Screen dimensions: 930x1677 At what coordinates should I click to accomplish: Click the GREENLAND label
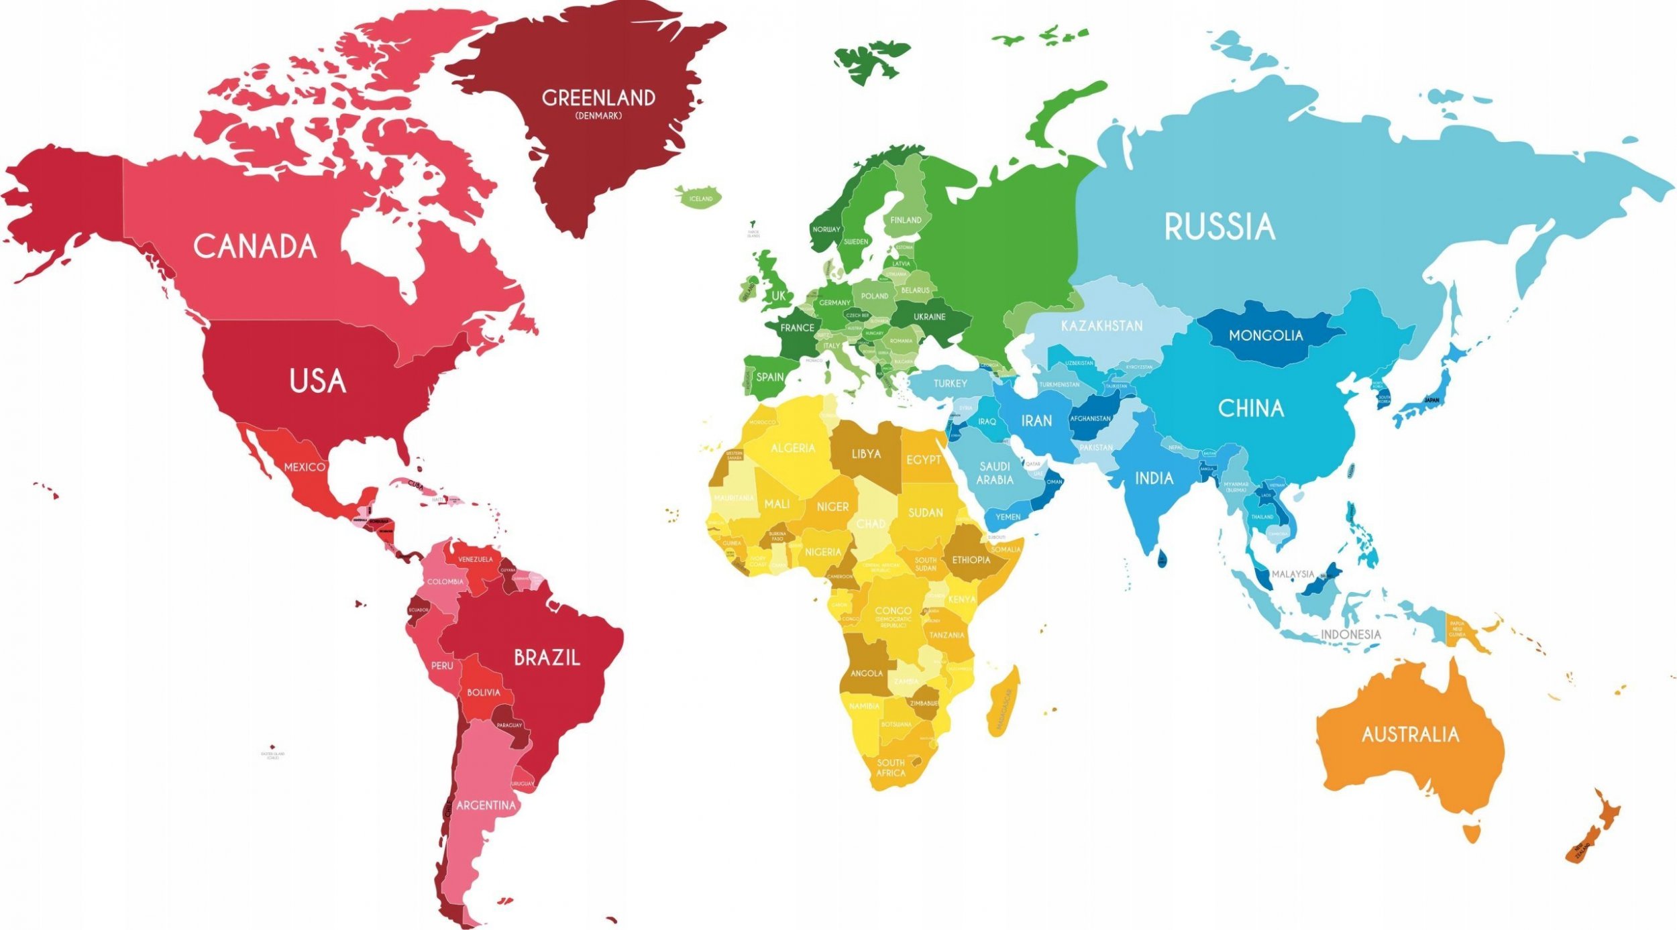click(x=598, y=98)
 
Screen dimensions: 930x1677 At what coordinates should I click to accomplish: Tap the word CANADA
click(x=255, y=247)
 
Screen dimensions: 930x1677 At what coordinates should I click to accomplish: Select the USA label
click(x=318, y=381)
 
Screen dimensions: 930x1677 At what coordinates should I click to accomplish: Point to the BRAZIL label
click(x=547, y=658)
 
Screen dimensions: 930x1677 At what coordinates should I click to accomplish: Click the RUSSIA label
click(x=1219, y=227)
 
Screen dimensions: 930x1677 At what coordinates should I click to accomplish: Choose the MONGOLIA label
click(x=1265, y=335)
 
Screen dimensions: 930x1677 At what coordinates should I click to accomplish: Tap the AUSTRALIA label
click(x=1410, y=735)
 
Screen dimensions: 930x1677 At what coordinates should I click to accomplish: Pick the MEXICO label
click(x=305, y=467)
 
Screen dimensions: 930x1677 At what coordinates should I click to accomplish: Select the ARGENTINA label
click(x=486, y=806)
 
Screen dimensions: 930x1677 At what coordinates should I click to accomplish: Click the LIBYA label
click(x=866, y=454)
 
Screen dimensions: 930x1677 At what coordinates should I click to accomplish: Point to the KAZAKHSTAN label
click(x=1101, y=326)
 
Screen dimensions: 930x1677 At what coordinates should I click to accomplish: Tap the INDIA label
click(x=1154, y=479)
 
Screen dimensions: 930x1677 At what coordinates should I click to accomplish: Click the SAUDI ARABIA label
click(x=995, y=473)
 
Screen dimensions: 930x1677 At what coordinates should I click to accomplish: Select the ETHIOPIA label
click(x=971, y=560)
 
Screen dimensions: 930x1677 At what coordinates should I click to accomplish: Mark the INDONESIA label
click(x=1350, y=634)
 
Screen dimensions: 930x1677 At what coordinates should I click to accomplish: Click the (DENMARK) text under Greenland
click(x=598, y=116)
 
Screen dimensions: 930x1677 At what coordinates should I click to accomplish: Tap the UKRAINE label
click(x=929, y=316)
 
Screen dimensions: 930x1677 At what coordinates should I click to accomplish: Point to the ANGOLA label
click(x=866, y=673)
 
